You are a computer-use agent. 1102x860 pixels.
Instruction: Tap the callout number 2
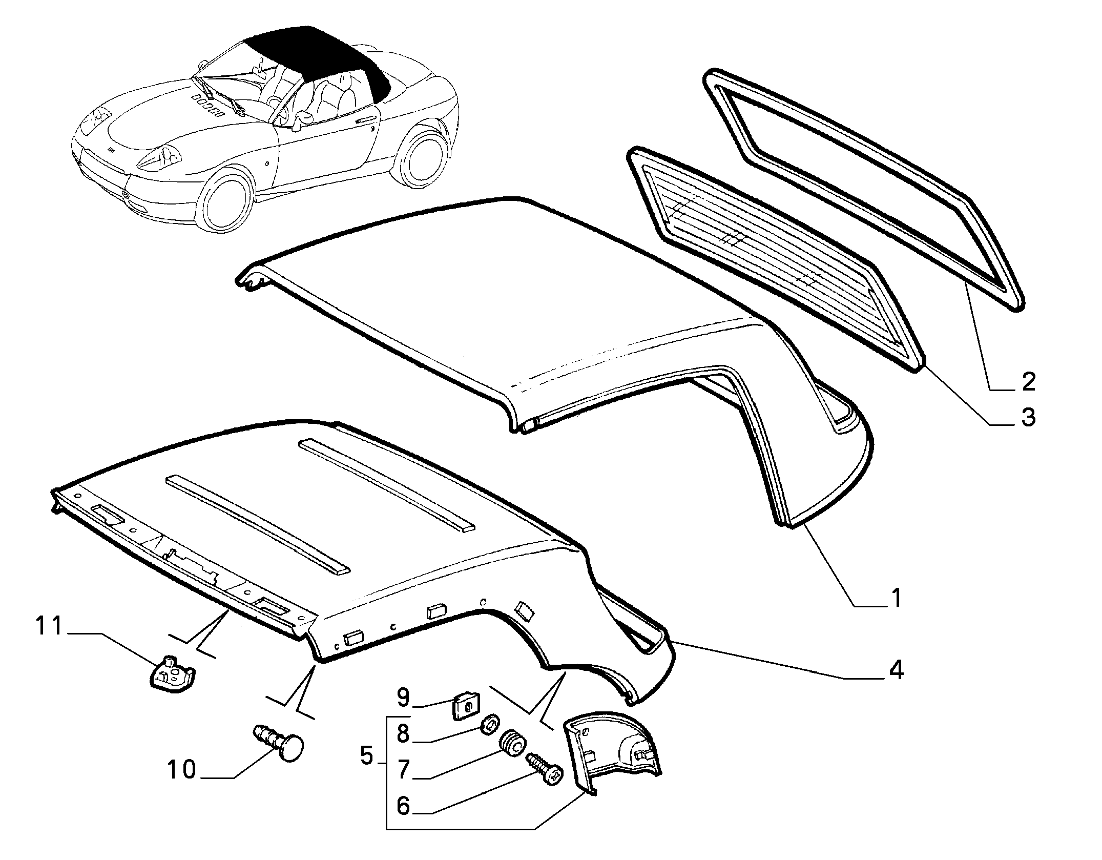[x=1028, y=382]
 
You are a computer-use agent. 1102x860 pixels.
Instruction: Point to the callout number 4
[x=896, y=670]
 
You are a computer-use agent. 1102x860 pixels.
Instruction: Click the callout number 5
[x=367, y=755]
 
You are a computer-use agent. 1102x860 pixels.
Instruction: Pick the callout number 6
[x=403, y=806]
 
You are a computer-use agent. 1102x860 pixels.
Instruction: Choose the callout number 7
[x=403, y=769]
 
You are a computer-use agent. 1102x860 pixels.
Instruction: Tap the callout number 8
[x=403, y=734]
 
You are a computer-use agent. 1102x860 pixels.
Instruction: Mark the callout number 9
[x=403, y=698]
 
